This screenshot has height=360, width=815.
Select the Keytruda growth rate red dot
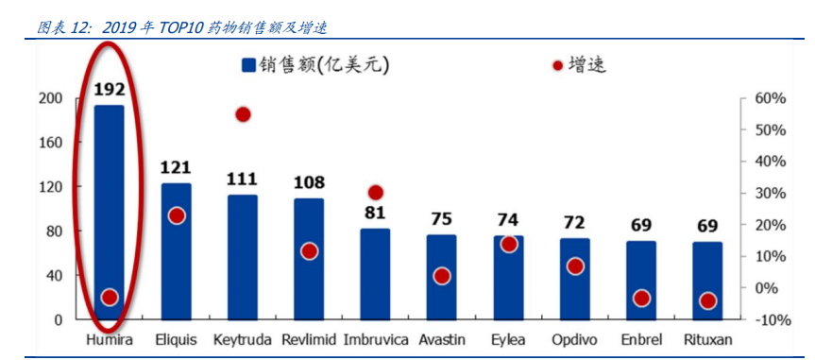click(x=243, y=114)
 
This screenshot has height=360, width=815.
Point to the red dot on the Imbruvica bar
click(x=376, y=193)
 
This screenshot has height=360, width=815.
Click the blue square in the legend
click(x=249, y=65)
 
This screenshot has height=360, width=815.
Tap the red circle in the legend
click(x=557, y=65)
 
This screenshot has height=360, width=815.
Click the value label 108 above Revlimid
click(x=309, y=181)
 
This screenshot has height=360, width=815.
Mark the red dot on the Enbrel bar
click(x=641, y=299)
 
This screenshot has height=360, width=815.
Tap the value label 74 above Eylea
click(x=508, y=219)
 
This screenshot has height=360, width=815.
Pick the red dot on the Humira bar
click(x=110, y=298)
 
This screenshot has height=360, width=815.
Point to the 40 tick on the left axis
click(x=53, y=275)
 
